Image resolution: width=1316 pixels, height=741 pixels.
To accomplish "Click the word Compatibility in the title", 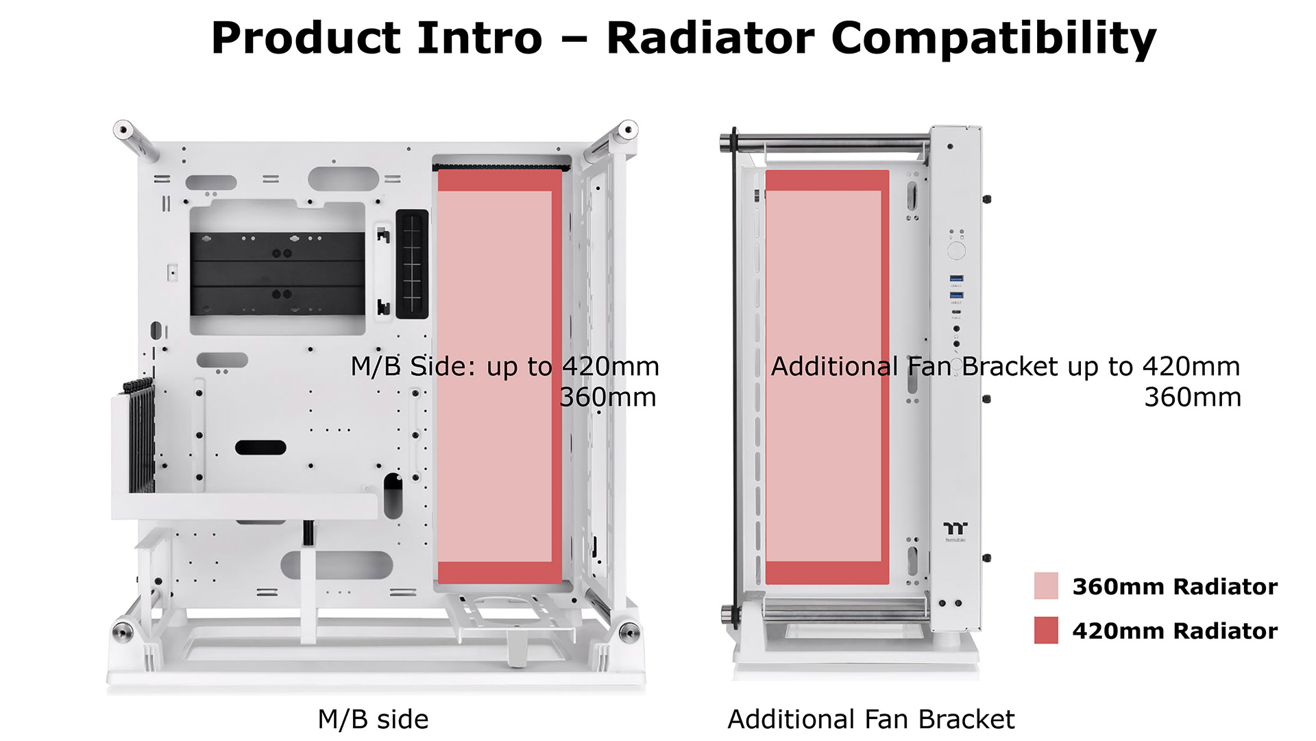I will click(993, 39).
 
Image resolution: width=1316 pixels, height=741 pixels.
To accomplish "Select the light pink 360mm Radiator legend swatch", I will click(1045, 586).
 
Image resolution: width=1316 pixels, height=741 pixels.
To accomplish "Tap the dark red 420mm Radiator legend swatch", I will click(1045, 630).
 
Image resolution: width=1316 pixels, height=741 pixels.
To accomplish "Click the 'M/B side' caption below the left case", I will click(373, 719).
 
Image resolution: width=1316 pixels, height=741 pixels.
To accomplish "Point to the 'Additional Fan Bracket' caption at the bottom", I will click(870, 719).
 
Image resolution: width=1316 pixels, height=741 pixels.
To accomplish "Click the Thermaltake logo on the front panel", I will click(955, 529).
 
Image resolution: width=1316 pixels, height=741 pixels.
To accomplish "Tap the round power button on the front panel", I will click(956, 250).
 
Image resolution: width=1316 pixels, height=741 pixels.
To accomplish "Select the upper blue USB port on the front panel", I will click(956, 278).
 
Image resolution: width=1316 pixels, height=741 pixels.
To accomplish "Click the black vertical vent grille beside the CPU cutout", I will click(412, 264).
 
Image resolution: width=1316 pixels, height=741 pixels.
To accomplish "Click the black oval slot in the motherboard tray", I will click(260, 448).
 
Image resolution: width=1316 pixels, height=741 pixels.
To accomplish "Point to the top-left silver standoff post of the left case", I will click(123, 130).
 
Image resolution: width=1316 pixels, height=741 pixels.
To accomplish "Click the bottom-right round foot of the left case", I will click(629, 631).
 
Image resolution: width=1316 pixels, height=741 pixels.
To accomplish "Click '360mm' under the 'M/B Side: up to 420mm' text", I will click(607, 398).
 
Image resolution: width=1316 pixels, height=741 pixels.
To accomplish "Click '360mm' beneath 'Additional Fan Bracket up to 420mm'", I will click(1192, 398).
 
